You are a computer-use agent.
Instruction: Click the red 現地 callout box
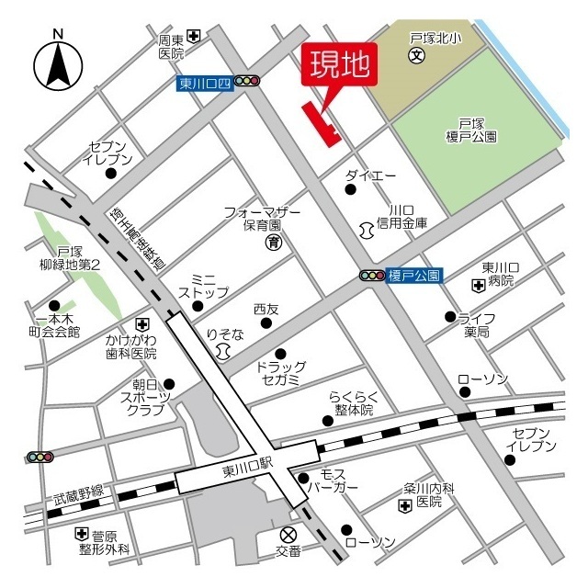coord(339,64)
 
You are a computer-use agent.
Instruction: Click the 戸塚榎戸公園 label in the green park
coord(478,130)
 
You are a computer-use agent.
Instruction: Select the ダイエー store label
coord(370,175)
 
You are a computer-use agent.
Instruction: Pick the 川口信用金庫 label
coord(402,216)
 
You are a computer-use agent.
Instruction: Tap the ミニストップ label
coord(203,285)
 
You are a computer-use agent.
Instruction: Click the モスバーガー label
coord(326,480)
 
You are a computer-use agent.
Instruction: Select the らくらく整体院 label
coord(354,404)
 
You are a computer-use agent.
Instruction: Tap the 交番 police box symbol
coord(288,535)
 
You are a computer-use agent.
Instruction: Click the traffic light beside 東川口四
coord(247,82)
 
